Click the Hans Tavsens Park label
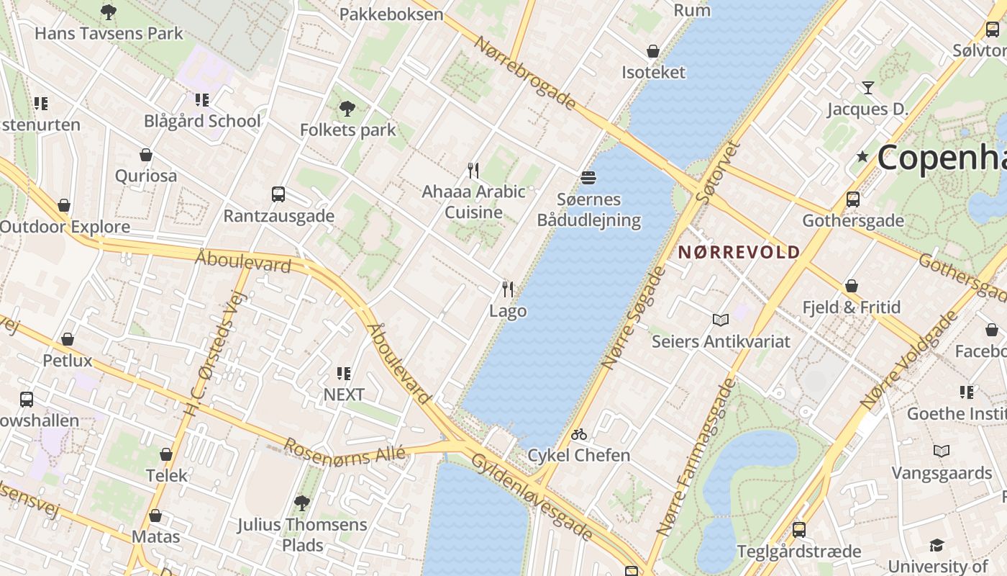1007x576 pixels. [109, 33]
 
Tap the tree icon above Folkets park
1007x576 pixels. [347, 109]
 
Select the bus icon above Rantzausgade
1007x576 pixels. [278, 194]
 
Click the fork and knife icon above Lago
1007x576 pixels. [508, 289]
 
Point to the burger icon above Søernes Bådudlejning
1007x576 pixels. [588, 177]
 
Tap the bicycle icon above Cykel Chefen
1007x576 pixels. [579, 434]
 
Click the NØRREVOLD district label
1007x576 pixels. [739, 252]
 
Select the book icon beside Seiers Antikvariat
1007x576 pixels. [720, 320]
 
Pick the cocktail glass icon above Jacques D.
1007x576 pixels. [868, 88]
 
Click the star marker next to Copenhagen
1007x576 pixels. [862, 156]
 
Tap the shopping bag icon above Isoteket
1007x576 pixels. [653, 51]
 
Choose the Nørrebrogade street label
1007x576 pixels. [525, 72]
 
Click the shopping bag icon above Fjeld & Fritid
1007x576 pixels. [852, 286]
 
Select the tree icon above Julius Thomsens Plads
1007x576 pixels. [302, 503]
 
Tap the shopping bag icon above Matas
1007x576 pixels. [155, 516]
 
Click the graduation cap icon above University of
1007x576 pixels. [936, 545]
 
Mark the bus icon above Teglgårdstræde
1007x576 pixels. [798, 530]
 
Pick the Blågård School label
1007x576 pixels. [202, 121]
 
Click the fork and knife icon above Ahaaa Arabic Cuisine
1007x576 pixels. [473, 171]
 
